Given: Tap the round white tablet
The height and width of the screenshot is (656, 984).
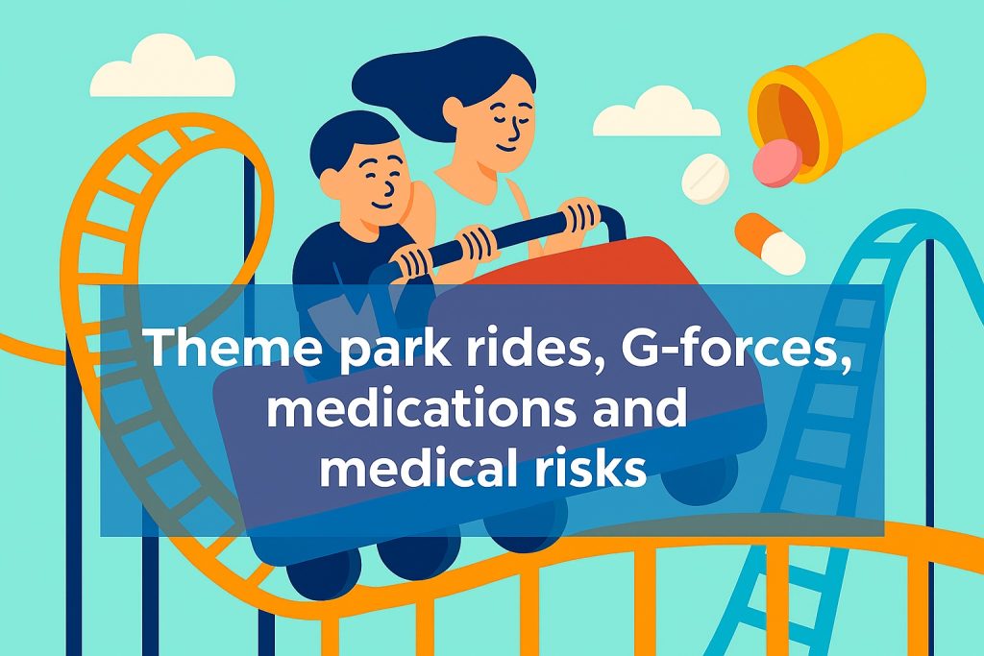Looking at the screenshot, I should click(x=705, y=178).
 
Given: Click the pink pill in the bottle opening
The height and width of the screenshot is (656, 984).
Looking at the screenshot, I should click(x=777, y=162).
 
